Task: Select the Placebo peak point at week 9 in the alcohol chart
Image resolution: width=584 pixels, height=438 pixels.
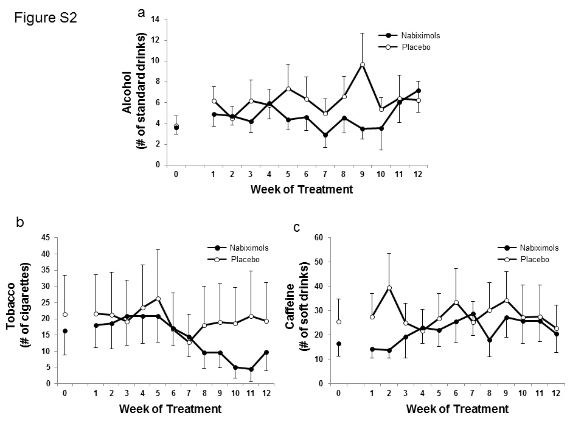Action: (362, 64)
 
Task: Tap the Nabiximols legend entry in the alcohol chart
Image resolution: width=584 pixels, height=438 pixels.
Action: (420, 35)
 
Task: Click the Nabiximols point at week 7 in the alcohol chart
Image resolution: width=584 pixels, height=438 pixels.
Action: (326, 135)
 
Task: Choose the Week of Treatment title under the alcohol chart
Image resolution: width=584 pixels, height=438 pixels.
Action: (301, 189)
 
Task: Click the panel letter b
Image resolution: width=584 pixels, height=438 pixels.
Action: (20, 223)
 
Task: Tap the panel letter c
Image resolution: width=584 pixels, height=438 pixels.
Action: (296, 228)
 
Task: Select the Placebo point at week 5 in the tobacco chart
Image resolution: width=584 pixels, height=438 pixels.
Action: (158, 299)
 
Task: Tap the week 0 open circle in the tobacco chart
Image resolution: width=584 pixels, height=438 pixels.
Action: (64, 315)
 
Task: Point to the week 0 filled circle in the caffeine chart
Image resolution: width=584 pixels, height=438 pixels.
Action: (338, 344)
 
